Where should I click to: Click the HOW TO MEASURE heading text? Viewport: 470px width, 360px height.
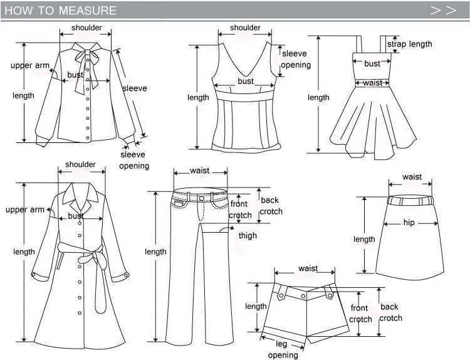(x=60, y=11)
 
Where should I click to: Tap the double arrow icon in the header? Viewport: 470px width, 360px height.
(x=443, y=11)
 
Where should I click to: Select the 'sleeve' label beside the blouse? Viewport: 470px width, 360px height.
(x=135, y=88)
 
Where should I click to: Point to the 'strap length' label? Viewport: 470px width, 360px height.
(x=409, y=44)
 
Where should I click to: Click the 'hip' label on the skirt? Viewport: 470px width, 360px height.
(x=409, y=222)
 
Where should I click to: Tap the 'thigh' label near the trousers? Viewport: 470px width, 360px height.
(x=248, y=235)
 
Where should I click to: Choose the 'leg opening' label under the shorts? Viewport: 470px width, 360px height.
(x=283, y=349)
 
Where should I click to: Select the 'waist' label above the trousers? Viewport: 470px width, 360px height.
(x=200, y=171)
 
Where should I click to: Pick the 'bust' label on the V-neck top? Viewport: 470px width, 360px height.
(x=246, y=81)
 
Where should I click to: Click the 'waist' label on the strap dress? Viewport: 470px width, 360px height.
(x=373, y=83)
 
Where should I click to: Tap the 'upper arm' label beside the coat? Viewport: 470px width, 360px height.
(x=25, y=209)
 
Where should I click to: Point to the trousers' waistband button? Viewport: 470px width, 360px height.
(x=202, y=198)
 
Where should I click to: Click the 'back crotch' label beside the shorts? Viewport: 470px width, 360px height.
(x=390, y=312)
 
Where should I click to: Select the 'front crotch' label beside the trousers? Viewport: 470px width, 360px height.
(x=240, y=209)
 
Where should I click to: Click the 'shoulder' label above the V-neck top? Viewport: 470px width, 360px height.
(x=245, y=28)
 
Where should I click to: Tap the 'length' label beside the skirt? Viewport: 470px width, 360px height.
(x=364, y=239)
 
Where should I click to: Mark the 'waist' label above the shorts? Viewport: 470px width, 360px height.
(x=308, y=268)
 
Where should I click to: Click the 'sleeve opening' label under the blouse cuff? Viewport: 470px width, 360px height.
(x=134, y=160)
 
